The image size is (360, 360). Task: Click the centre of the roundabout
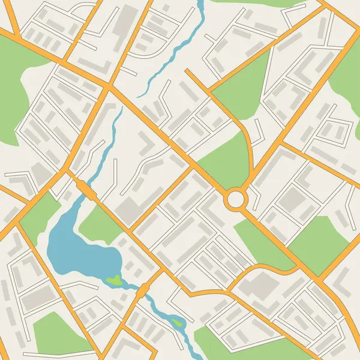pos(236,198)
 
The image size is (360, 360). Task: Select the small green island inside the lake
pos(113,280)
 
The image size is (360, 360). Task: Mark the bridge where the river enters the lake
pos(85,190)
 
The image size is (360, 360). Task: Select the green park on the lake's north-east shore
pos(99,225)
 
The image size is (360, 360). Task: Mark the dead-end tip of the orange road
pos(187,70)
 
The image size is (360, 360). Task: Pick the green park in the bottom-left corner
pos(54,333)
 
